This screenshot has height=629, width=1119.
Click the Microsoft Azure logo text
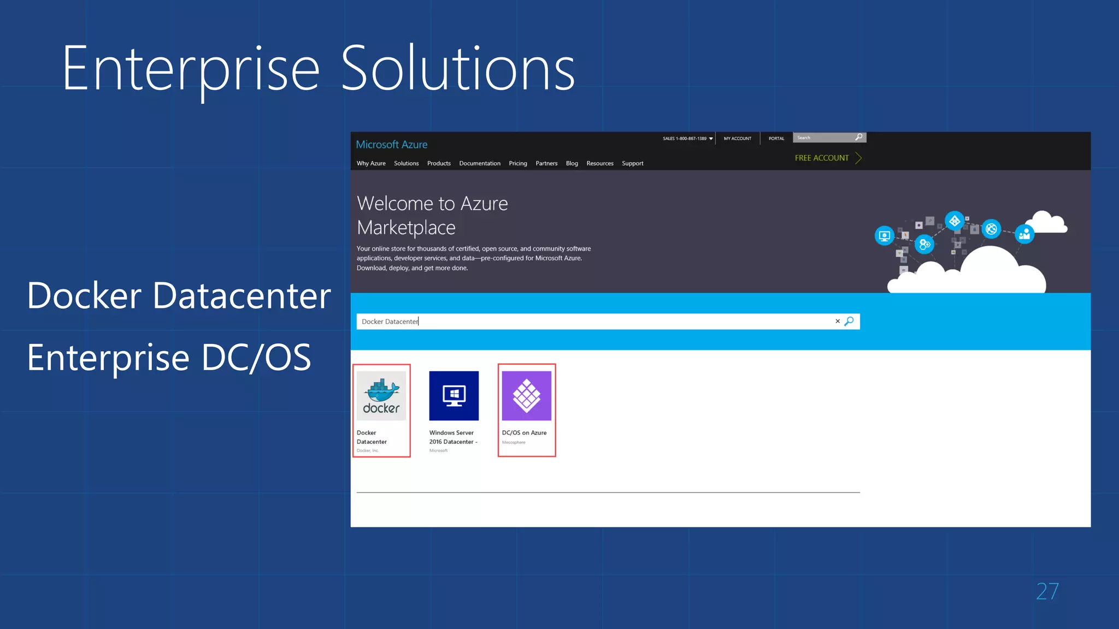(391, 145)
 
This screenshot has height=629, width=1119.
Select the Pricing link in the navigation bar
(517, 163)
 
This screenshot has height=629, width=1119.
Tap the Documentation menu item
(479, 163)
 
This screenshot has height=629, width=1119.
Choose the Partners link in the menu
(546, 163)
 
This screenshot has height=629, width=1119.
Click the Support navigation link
(632, 163)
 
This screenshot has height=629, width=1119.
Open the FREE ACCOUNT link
(822, 158)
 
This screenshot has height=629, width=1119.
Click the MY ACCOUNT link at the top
(737, 139)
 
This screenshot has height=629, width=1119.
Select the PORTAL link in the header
(776, 139)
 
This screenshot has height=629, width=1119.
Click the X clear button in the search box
(837, 321)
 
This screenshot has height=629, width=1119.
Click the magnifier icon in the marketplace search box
(849, 321)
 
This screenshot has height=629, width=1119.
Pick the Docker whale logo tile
(381, 396)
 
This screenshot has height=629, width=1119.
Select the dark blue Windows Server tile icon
(454, 396)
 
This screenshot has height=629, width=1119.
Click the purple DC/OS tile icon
(526, 396)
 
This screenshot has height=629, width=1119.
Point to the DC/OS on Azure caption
(524, 432)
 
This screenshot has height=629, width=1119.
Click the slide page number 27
(1047, 591)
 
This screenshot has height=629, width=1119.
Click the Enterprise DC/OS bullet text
(169, 358)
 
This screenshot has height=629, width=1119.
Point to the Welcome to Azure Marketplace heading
(432, 215)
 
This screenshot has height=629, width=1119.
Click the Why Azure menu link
(371, 163)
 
